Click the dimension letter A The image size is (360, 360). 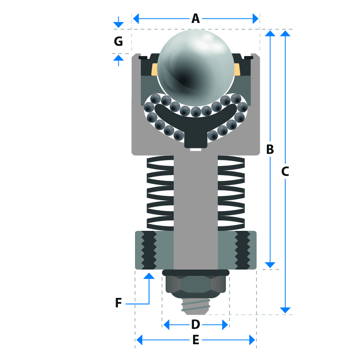[x=195, y=18]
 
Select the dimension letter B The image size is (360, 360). [x=270, y=149]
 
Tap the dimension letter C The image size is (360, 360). [x=285, y=171]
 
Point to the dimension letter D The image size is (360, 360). [x=195, y=324]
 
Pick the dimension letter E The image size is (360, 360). [x=195, y=340]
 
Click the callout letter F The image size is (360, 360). [x=118, y=303]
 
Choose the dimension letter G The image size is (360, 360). [x=118, y=41]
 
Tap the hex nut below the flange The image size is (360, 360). [x=195, y=284]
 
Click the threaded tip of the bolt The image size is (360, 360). [x=195, y=306]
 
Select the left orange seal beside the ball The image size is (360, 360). [x=154, y=69]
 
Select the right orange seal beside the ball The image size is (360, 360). [x=237, y=69]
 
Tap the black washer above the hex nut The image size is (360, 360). [x=195, y=273]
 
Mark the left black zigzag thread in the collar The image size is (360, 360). [x=149, y=250]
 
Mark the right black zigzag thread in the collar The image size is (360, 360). [x=243, y=250]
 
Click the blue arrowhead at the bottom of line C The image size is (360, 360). [x=285, y=310]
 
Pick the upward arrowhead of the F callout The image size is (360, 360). [x=149, y=275]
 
